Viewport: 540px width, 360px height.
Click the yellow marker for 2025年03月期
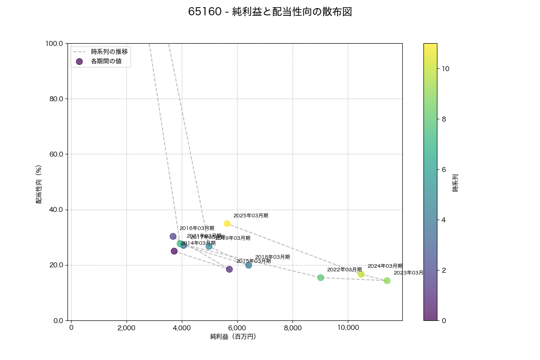(x=227, y=224)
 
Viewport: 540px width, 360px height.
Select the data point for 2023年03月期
(x=387, y=281)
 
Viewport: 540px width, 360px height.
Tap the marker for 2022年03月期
(x=320, y=278)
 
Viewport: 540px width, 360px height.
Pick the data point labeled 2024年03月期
(x=361, y=274)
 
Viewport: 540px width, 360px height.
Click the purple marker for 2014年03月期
(x=174, y=251)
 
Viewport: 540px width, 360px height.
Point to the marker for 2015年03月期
(x=229, y=269)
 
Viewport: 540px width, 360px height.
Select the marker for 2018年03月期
(x=248, y=265)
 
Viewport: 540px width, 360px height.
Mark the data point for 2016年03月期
(x=173, y=236)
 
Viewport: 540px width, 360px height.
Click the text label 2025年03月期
(x=251, y=216)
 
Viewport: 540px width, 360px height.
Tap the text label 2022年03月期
(x=344, y=270)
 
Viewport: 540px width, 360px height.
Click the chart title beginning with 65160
(x=270, y=12)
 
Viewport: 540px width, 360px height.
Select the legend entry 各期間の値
(x=106, y=61)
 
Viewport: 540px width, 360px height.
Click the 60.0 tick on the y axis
(x=56, y=154)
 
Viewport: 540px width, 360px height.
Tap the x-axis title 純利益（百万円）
(x=233, y=337)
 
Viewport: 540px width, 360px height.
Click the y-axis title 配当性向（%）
(x=39, y=184)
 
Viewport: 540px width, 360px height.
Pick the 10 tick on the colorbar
(x=445, y=69)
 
